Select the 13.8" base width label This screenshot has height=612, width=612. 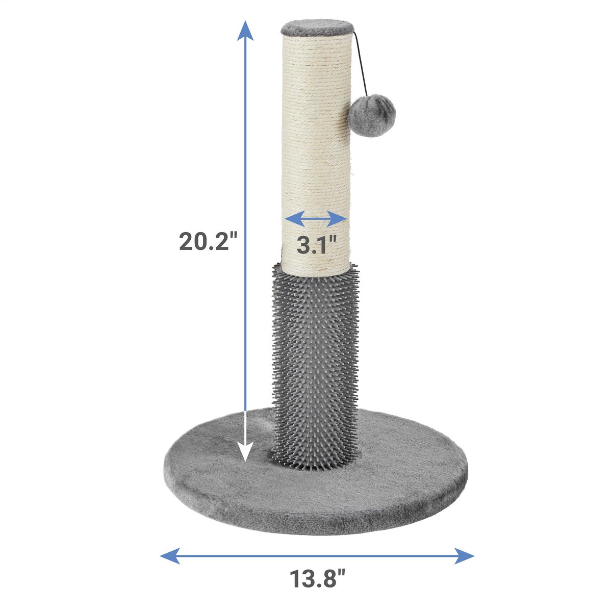click(x=318, y=579)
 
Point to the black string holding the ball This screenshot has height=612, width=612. click(x=359, y=61)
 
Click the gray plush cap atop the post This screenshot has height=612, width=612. click(x=316, y=27)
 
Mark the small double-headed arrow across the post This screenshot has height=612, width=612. click(x=316, y=219)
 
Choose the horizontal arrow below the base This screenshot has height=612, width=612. click(x=317, y=555)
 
